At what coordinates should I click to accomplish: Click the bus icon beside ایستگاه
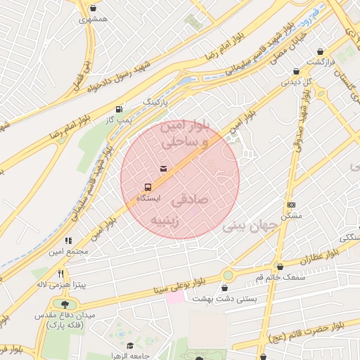148,187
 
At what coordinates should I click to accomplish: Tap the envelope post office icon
163,169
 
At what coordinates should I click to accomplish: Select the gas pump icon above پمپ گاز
118,109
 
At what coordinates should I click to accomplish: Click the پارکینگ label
157,102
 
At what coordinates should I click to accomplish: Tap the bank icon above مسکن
291,205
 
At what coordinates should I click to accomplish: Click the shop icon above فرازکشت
321,52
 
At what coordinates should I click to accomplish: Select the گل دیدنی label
296,82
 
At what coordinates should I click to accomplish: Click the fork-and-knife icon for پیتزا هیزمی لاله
61,274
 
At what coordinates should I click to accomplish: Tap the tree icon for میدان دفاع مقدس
65,304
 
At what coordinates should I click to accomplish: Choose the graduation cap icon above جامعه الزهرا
130,345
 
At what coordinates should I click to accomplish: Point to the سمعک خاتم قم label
281,277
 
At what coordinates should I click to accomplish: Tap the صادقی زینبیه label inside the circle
186,210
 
